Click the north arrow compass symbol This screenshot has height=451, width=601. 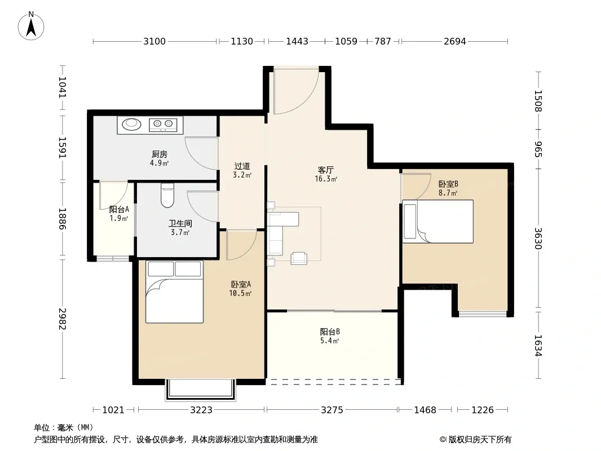coord(31,26)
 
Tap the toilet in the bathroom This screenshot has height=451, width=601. coord(167,196)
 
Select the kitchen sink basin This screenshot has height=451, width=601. coord(131,123)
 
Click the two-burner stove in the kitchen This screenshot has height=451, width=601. coord(162,124)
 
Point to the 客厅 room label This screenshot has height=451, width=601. coord(326,170)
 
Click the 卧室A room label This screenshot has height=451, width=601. coord(241,284)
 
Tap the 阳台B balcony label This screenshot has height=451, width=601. coord(330,332)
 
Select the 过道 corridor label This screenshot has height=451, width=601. coord(242,166)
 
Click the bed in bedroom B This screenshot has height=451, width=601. coord(438,222)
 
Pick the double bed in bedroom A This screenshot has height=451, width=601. coord(174,292)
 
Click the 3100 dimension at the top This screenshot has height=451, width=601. coord(154,41)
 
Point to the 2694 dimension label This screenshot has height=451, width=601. coord(455,41)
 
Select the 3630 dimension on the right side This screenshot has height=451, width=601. coord(538,238)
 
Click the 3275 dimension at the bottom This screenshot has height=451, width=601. coord(332,410)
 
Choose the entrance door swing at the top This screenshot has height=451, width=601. coord(296,91)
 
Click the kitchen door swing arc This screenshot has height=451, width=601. coord(201,153)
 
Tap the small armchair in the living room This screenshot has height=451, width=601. coord(299,258)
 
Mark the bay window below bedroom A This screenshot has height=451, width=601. coord(200,390)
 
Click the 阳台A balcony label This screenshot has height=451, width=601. coord(119,209)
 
